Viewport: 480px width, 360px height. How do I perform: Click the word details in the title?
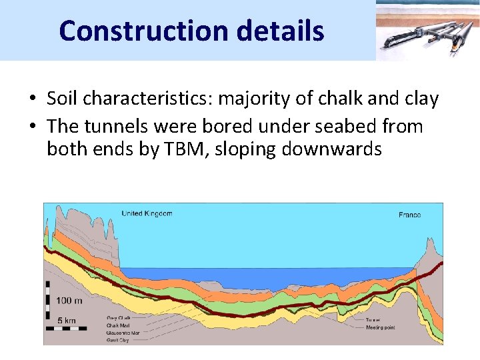tap(285, 31)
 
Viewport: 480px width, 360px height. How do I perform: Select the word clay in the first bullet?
tap(420, 99)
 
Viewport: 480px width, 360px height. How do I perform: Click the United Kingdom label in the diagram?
tap(147, 213)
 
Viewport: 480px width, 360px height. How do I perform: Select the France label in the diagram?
tap(409, 215)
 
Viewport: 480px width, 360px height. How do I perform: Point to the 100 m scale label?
tap(69, 301)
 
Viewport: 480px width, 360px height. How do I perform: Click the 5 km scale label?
tap(65, 321)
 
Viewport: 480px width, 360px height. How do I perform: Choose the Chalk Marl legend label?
tap(119, 325)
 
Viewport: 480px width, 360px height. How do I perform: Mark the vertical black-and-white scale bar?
tap(48, 304)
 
